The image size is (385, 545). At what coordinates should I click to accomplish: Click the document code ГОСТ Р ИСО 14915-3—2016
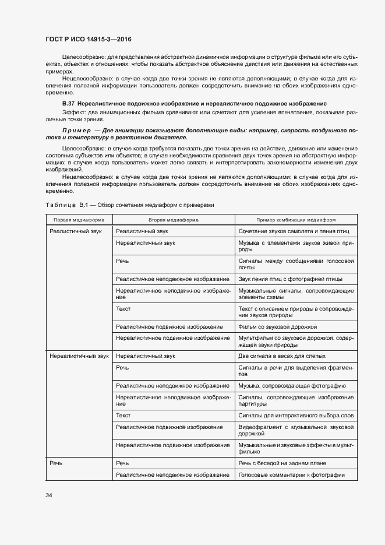[x=89, y=40]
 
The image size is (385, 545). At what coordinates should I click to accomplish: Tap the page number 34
[x=49, y=495]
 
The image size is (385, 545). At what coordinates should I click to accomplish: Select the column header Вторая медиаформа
[x=173, y=220]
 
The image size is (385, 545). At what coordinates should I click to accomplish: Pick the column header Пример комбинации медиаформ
[x=296, y=220]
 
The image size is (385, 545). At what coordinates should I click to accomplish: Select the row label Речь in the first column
[x=56, y=463]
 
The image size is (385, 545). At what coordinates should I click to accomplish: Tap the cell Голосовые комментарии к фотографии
[x=291, y=475]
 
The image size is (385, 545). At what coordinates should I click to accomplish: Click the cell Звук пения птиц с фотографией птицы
[x=288, y=279]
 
